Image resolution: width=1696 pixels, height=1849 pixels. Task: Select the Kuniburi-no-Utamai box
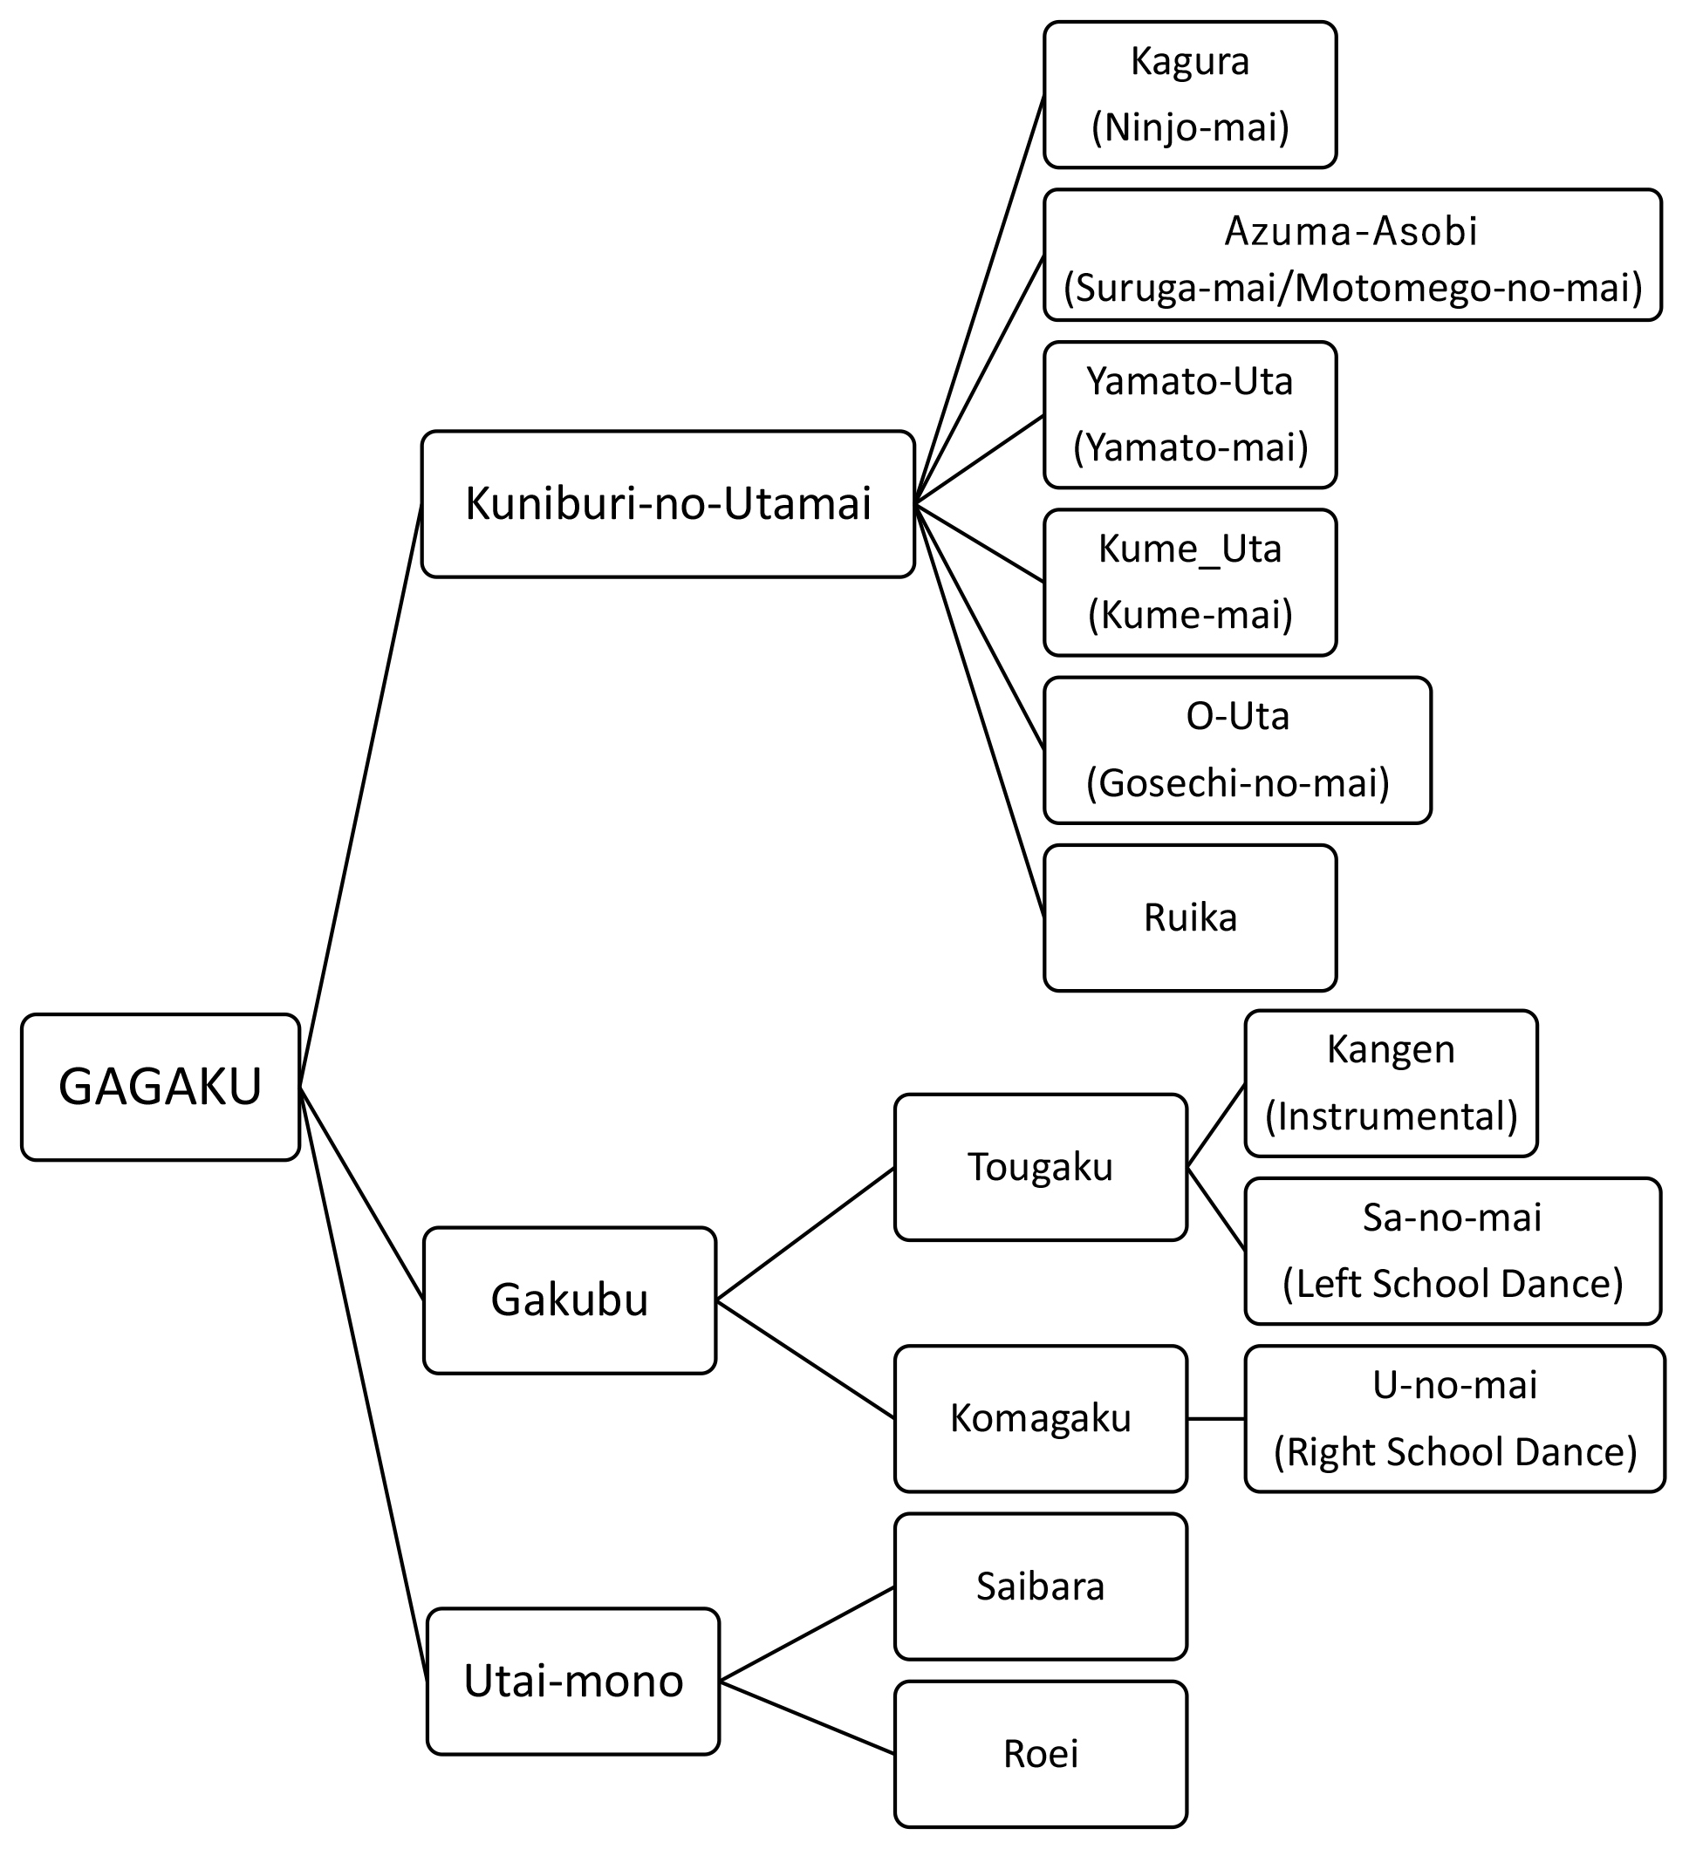coord(667,504)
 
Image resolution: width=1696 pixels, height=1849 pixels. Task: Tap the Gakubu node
coord(569,1300)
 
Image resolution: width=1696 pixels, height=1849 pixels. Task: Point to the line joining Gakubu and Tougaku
coord(805,1234)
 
